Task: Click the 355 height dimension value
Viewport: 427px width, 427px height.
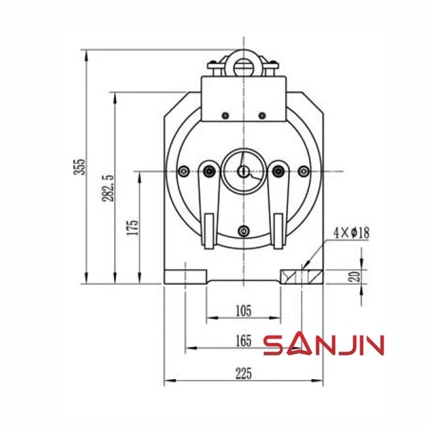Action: (x=80, y=167)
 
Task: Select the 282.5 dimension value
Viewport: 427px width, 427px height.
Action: (x=108, y=188)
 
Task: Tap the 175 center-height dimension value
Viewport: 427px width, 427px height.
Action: (x=132, y=227)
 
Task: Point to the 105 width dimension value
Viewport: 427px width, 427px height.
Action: (x=243, y=311)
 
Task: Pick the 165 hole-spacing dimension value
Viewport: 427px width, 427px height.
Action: (x=243, y=340)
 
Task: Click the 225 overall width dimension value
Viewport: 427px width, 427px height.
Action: (x=243, y=373)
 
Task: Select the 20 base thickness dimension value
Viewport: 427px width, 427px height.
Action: (x=356, y=276)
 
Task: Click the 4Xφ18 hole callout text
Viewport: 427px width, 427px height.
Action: (x=352, y=234)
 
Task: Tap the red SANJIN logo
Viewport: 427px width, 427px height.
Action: (x=324, y=345)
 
